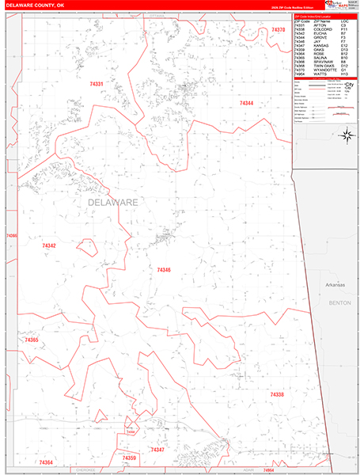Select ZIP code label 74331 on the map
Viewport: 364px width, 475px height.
[x=97, y=84]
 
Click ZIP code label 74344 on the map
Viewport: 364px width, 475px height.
[x=246, y=104]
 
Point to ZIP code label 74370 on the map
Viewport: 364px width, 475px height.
[x=277, y=30]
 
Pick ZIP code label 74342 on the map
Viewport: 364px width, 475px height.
[x=49, y=246]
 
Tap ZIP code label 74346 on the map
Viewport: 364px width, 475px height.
[x=164, y=270]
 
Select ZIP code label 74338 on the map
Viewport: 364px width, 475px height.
[x=276, y=394]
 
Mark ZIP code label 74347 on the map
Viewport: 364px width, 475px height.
[x=157, y=450]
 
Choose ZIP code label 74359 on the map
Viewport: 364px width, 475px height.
[x=129, y=458]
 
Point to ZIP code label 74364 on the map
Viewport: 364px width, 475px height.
[x=45, y=462]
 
